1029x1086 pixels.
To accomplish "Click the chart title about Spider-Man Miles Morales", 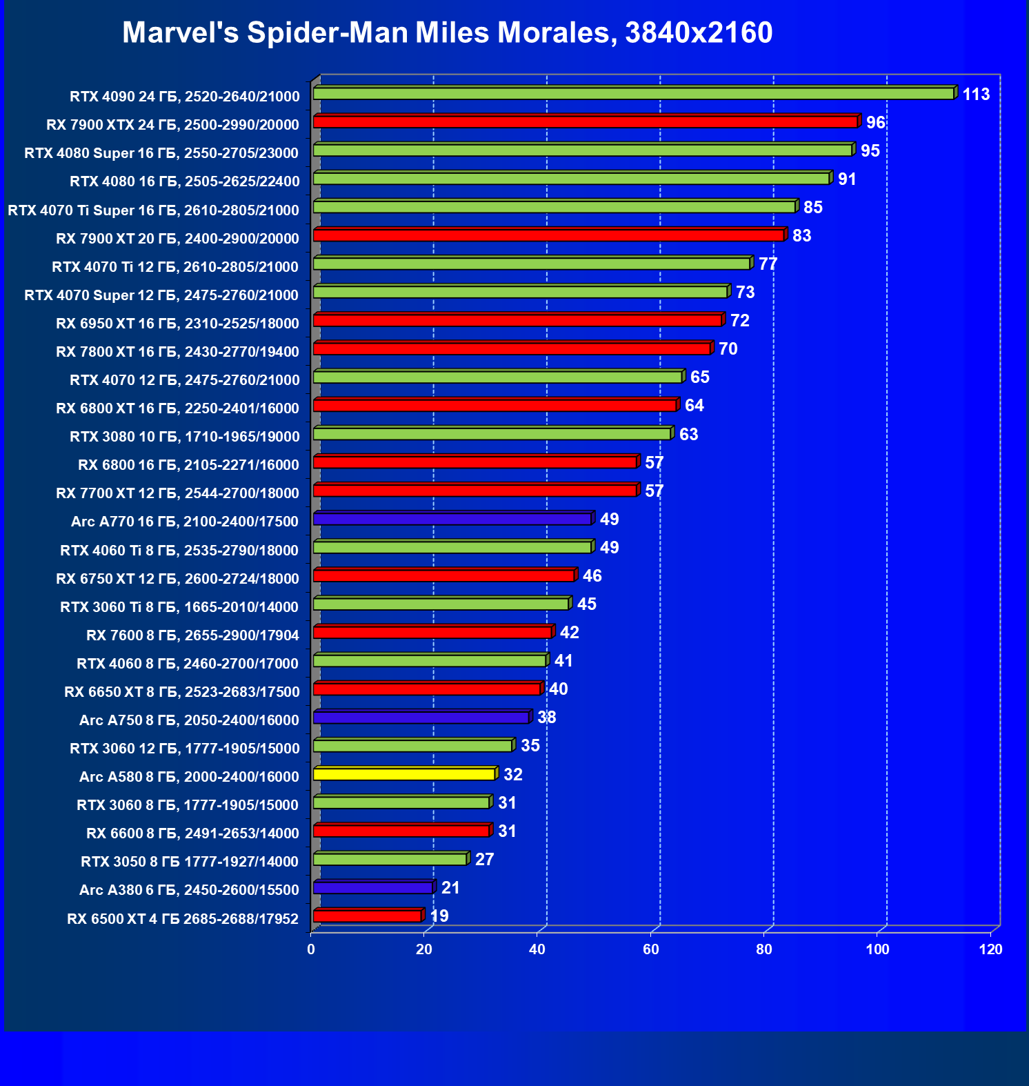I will coord(447,33).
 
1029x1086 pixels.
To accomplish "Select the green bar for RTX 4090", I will coord(633,93).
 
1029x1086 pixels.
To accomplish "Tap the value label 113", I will coord(976,95).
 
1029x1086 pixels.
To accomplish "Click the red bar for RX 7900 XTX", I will coord(585,122).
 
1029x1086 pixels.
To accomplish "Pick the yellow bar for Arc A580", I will coord(404,774).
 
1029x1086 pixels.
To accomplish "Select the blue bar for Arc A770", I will coord(452,519).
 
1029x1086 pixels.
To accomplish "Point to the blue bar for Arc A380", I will coord(373,887).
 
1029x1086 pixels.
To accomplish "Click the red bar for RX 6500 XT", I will coord(368,916).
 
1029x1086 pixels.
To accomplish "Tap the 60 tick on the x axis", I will coord(651,949).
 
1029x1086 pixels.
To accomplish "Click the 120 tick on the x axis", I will coord(990,949).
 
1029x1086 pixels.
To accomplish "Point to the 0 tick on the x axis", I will coord(311,949).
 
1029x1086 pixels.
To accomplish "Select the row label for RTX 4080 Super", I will coord(161,153).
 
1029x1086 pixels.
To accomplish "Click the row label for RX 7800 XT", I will coord(177,352).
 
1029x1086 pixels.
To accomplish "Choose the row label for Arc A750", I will coord(189,720).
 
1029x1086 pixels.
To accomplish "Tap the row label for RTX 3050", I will coord(190,862).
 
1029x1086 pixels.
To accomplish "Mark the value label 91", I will coord(847,179).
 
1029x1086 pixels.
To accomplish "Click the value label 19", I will coord(439,916).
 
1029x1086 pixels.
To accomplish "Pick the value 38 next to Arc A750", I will coord(547,718).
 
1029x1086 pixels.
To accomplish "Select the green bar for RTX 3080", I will coord(492,434).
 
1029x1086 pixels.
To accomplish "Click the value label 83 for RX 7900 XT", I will coord(801,236).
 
